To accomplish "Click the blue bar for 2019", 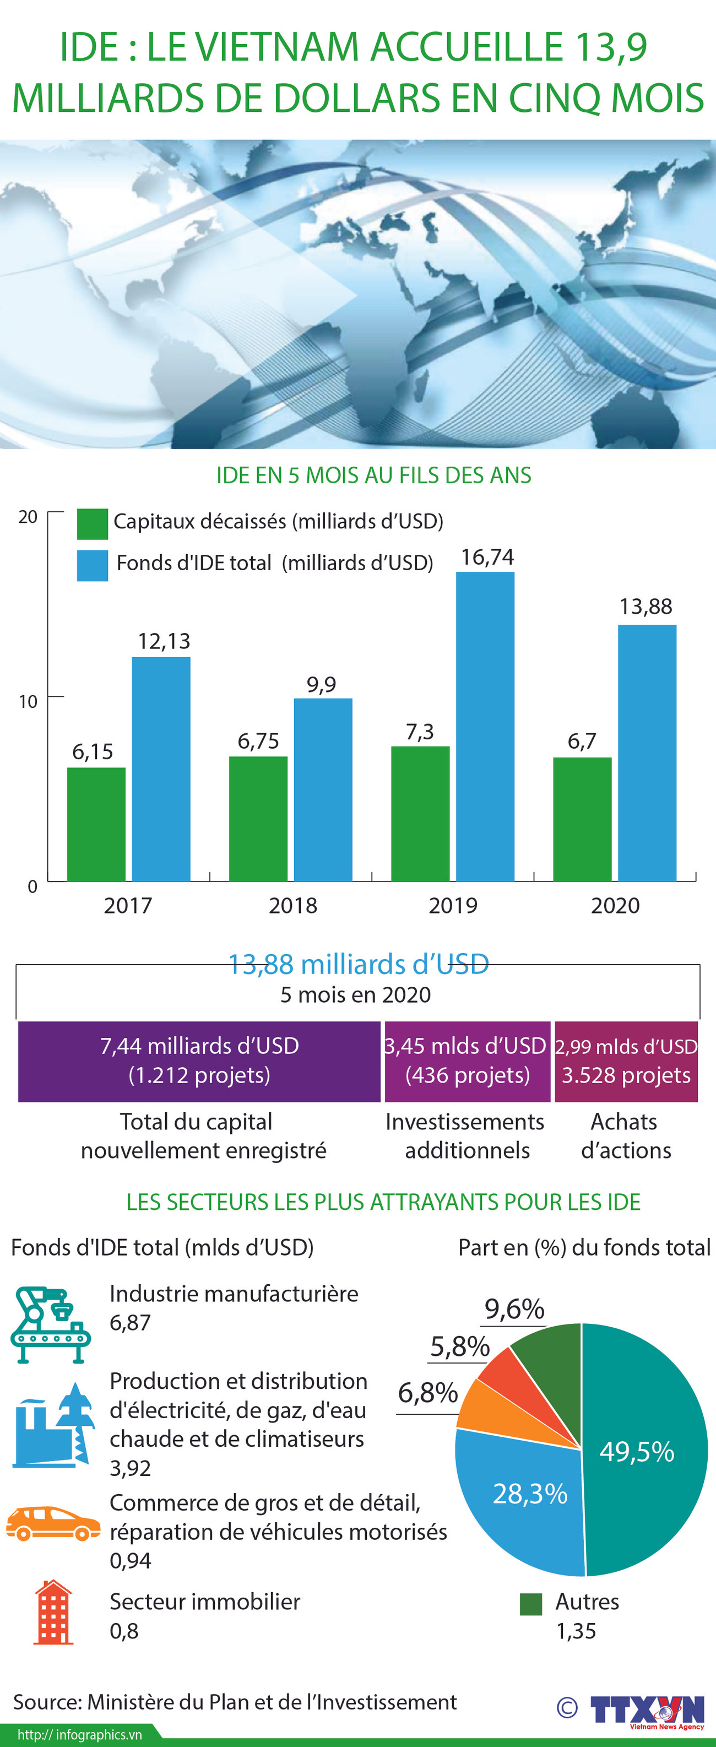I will [485, 726].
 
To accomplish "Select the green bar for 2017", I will [96, 824].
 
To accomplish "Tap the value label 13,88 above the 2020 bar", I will [646, 606].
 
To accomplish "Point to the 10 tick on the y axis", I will [28, 701].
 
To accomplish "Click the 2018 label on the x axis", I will [293, 905].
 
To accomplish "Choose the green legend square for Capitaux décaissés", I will [92, 523].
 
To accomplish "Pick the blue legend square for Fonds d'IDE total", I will [92, 565].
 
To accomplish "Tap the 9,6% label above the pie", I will [514, 1309].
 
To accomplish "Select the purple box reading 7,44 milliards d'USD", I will [199, 1061].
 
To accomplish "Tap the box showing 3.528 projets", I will [626, 1061].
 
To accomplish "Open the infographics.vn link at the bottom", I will [79, 1735].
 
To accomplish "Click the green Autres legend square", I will [531, 1604].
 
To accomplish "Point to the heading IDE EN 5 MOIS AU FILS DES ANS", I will [373, 475].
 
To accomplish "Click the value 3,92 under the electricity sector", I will [130, 1468].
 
